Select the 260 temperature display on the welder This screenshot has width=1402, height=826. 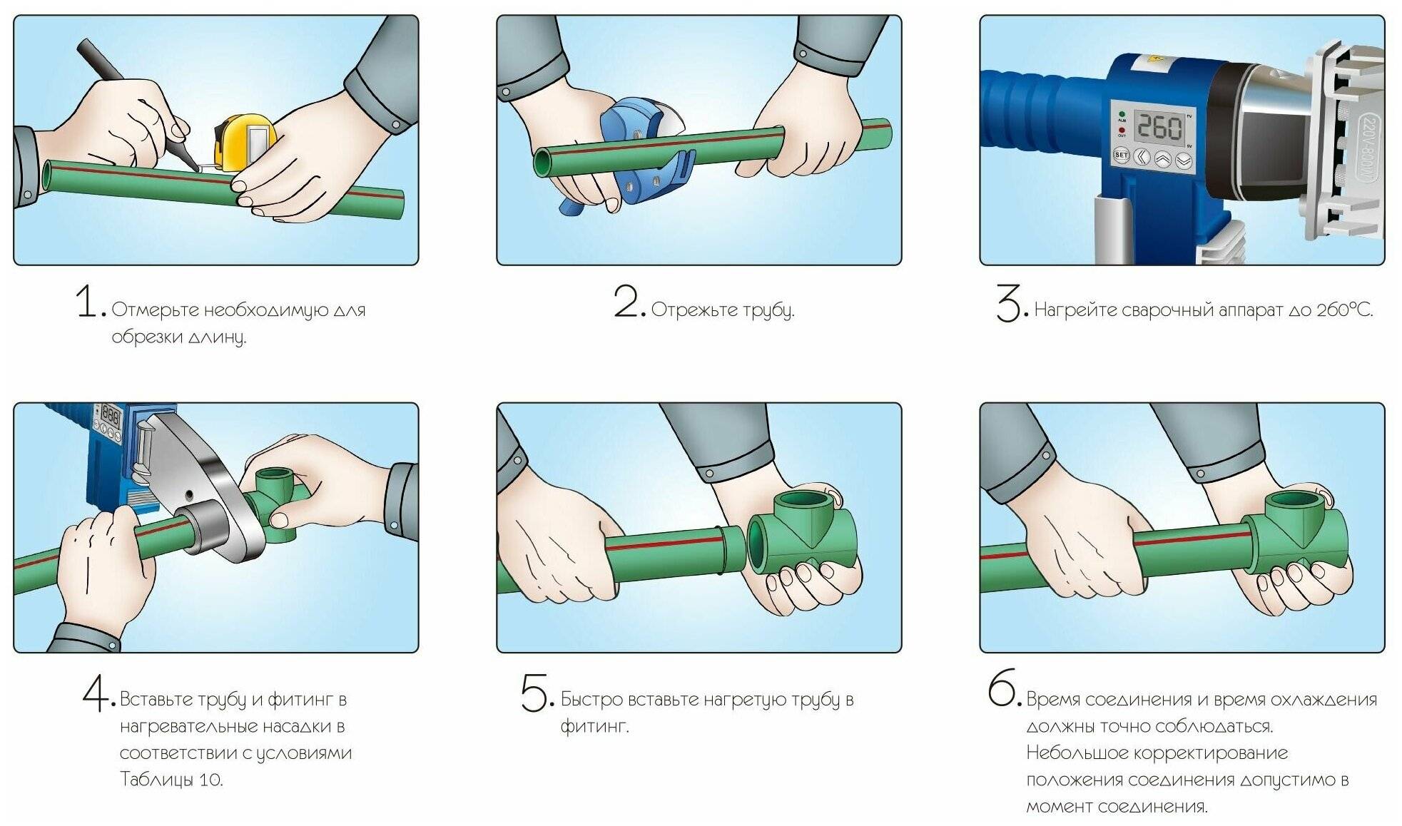pos(1159,128)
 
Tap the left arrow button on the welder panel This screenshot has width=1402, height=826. pos(1142,157)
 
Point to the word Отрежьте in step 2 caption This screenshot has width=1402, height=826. pos(694,310)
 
